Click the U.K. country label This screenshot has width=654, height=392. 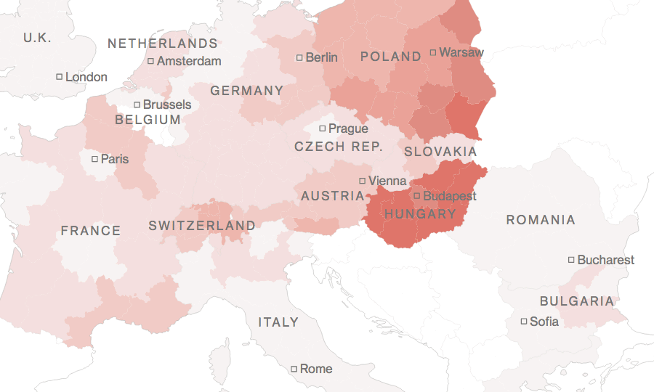[37, 38]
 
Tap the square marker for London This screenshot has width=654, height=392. [60, 76]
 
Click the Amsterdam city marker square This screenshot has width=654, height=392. [150, 61]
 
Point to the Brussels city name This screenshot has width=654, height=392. [167, 105]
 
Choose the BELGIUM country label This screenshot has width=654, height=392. [148, 120]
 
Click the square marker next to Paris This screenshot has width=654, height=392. [94, 158]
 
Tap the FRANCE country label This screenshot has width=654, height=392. [91, 231]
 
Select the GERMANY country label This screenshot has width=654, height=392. [247, 91]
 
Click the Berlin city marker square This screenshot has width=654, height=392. [299, 57]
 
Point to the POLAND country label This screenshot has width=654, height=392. [391, 57]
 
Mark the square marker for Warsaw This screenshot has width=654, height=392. [433, 52]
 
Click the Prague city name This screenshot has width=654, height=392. [348, 128]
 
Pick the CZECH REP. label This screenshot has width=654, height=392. [339, 147]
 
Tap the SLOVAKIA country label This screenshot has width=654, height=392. [440, 152]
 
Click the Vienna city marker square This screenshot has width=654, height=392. [363, 181]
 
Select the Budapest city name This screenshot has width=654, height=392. [450, 196]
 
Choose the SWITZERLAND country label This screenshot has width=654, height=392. [202, 226]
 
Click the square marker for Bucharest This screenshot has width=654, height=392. [571, 260]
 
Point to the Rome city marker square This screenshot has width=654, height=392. [294, 369]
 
